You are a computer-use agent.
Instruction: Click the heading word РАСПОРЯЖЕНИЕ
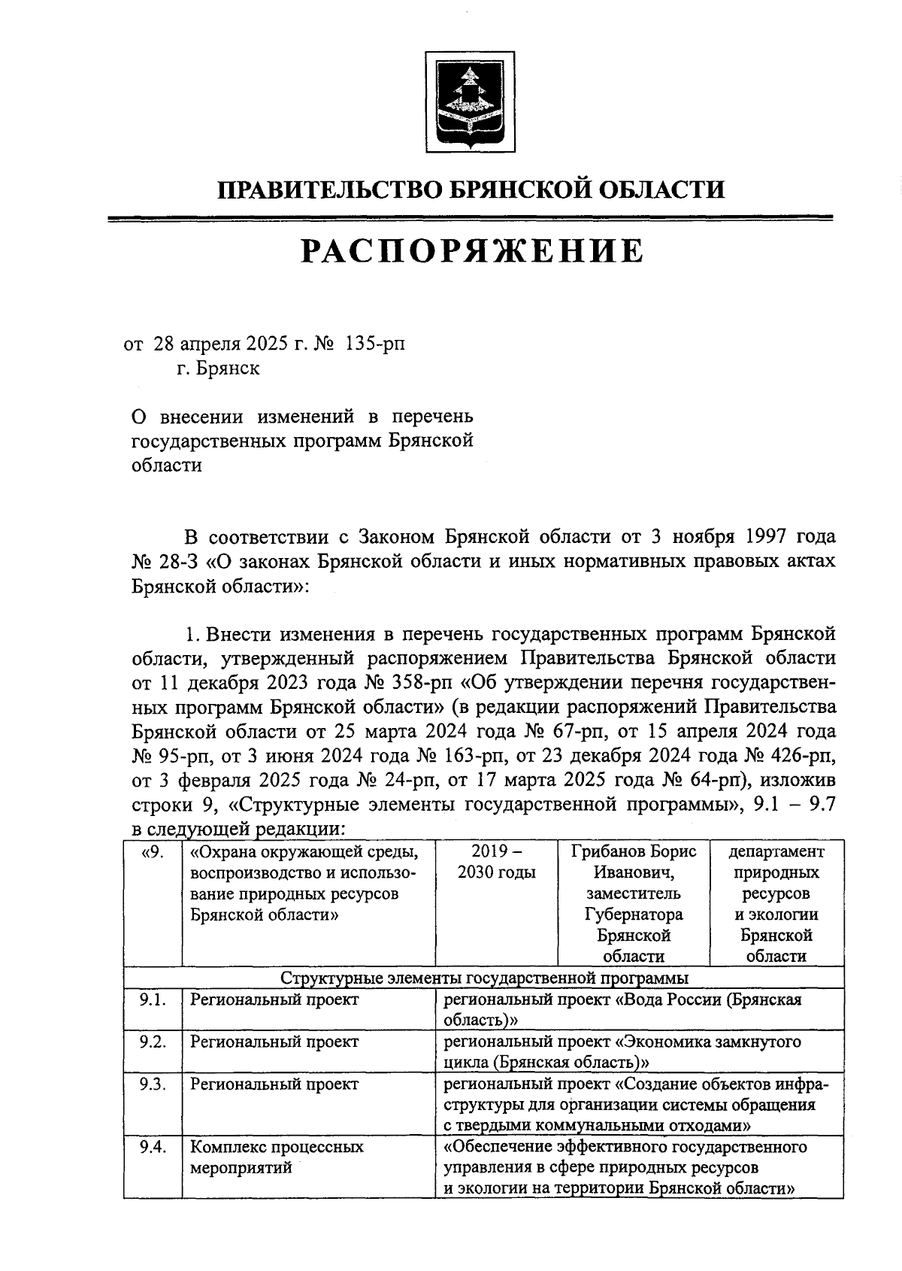click(x=472, y=251)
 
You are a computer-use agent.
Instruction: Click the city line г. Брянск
click(x=219, y=369)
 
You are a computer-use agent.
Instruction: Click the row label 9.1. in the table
click(x=153, y=1000)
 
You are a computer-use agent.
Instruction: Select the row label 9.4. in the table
click(x=153, y=1148)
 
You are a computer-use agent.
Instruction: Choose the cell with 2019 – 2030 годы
click(x=496, y=863)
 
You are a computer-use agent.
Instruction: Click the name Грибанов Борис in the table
click(x=634, y=852)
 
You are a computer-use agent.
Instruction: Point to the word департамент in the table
click(x=776, y=852)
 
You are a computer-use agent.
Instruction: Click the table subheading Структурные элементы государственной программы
click(x=484, y=978)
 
